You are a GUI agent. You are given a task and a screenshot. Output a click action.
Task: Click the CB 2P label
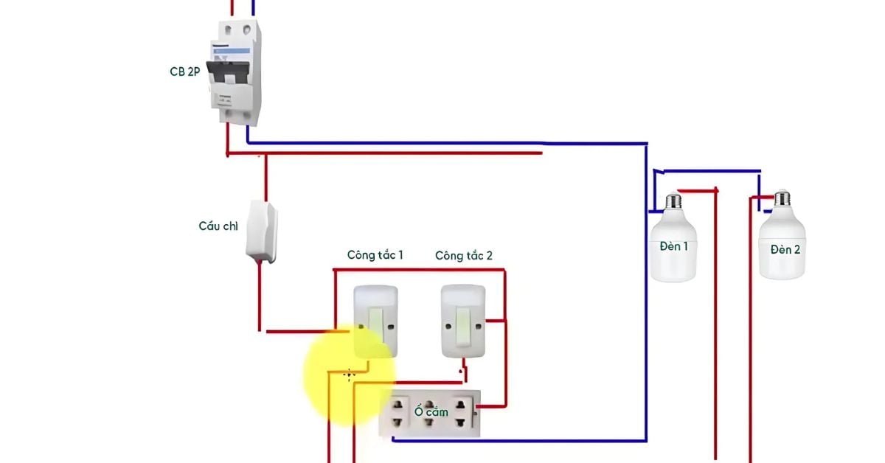[x=184, y=72]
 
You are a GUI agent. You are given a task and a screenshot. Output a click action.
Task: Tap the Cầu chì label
[x=218, y=226]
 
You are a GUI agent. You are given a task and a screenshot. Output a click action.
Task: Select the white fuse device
[x=262, y=231]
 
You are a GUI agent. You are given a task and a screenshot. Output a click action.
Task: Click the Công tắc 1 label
[x=375, y=255]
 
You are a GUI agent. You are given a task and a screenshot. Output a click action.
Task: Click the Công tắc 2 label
[x=464, y=256]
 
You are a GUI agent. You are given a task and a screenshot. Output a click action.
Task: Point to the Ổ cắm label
[x=431, y=411]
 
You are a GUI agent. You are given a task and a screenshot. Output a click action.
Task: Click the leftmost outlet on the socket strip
[x=400, y=414]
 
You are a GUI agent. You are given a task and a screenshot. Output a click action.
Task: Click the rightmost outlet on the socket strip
[x=462, y=414]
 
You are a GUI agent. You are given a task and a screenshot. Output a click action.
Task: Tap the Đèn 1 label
[x=673, y=246]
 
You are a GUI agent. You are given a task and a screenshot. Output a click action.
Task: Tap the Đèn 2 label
[x=785, y=250]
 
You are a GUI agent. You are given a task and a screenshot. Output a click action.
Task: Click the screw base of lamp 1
[x=672, y=201]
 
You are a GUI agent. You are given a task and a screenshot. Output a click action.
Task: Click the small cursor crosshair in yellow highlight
[x=350, y=374]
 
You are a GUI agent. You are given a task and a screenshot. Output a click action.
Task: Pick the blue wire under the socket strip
[x=516, y=440]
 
